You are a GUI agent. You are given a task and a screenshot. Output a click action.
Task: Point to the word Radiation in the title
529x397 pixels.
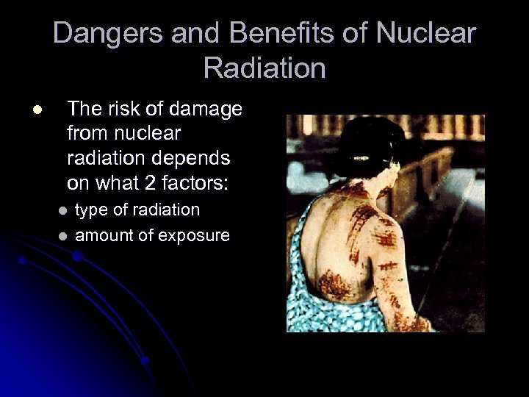(264, 68)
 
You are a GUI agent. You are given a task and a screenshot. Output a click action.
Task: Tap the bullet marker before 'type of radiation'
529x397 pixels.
(63, 211)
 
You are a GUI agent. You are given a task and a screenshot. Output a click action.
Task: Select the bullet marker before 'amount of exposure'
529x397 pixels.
(63, 236)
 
